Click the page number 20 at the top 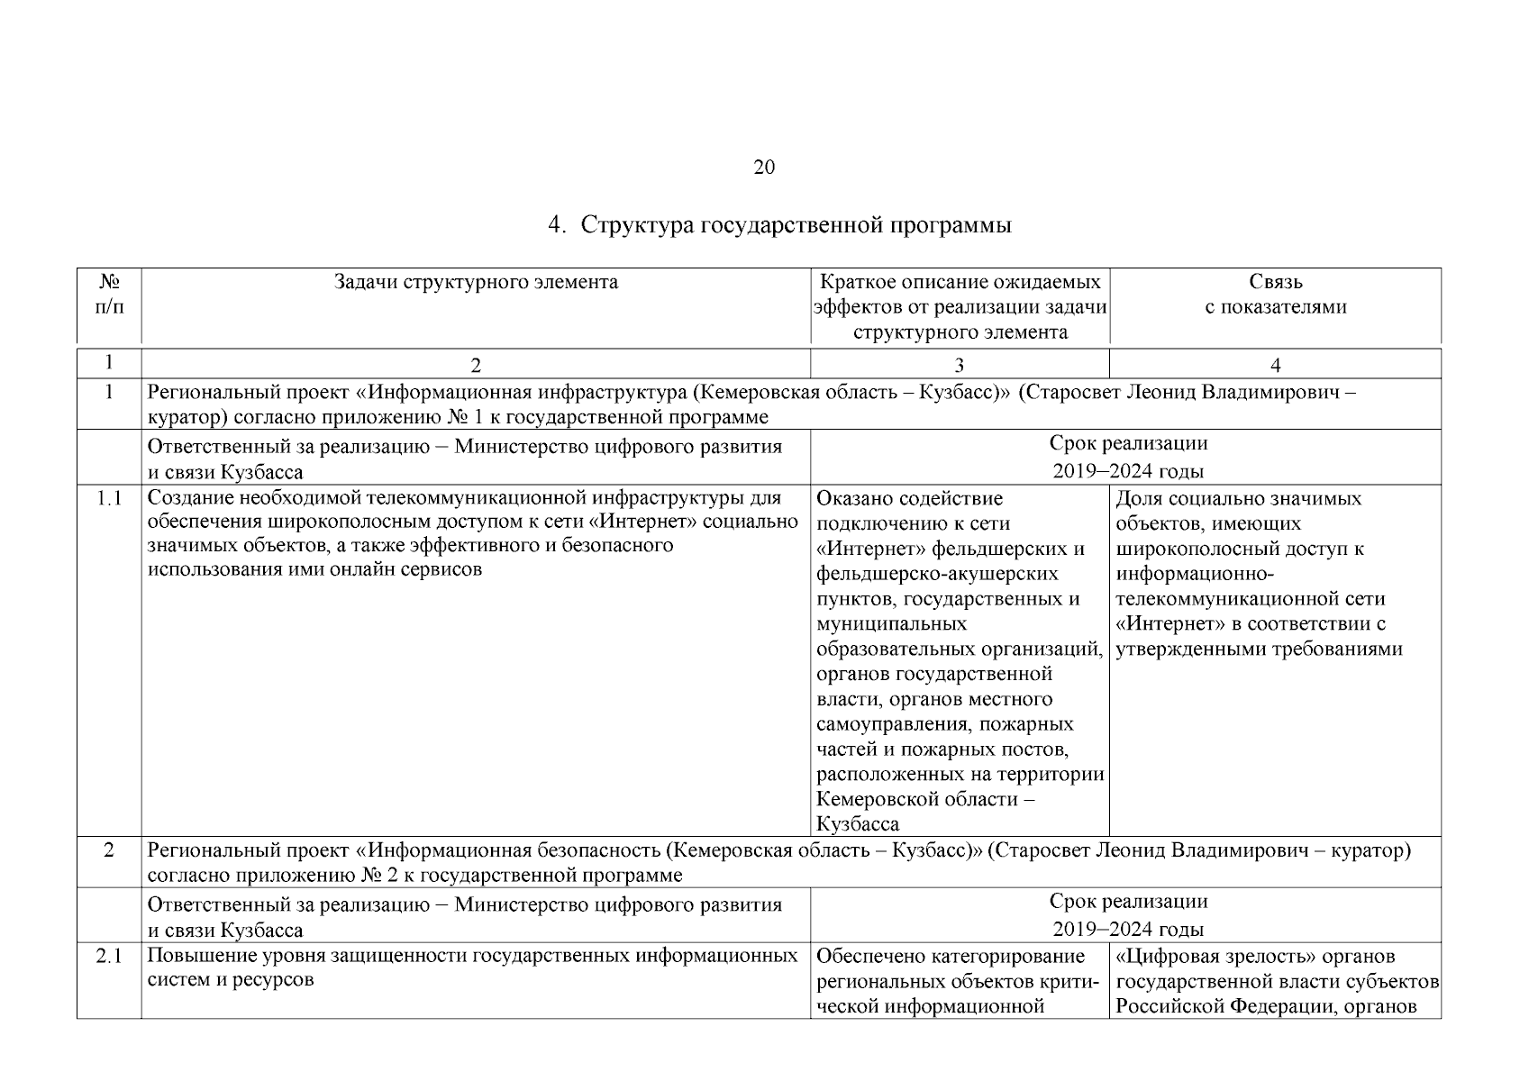point(763,168)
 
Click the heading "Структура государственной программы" point(796,225)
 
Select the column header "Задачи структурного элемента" point(476,283)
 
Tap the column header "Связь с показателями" point(1275,295)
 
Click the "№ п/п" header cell point(109,295)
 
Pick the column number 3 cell point(959,365)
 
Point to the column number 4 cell point(1275,365)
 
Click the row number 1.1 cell point(109,499)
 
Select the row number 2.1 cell point(109,956)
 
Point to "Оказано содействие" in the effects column point(909,498)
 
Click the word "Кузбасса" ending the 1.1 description point(857,824)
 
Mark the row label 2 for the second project point(109,850)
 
